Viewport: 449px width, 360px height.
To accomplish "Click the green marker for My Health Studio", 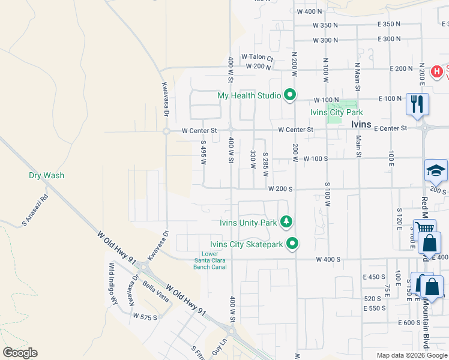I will coord(290,95).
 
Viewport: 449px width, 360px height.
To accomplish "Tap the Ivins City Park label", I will coord(337,112).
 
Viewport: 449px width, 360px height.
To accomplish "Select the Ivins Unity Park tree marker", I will coord(287,222).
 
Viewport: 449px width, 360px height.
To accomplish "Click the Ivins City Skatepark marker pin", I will coord(292,244).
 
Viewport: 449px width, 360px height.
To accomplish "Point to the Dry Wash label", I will coord(46,176).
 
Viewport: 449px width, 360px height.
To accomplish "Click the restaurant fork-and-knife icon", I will coord(417,104).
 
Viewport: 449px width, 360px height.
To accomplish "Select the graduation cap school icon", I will coord(436,172).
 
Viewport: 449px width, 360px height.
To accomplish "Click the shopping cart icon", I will coord(424,229).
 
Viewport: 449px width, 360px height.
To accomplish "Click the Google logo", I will coord(20,353).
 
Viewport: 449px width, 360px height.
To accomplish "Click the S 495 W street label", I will coord(203,154).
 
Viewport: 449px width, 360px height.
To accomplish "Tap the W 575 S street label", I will coord(145,316).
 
